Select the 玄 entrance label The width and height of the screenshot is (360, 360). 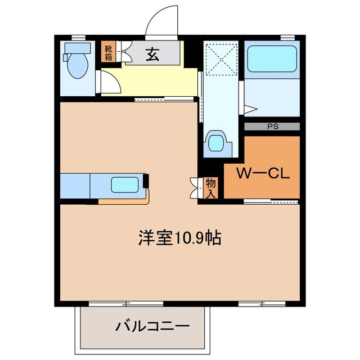(152, 55)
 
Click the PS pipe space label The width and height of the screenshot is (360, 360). (272, 127)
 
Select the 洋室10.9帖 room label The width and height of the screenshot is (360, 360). (179, 238)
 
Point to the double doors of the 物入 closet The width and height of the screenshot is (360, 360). (195, 187)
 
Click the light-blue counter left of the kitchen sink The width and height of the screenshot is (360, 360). (74, 185)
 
